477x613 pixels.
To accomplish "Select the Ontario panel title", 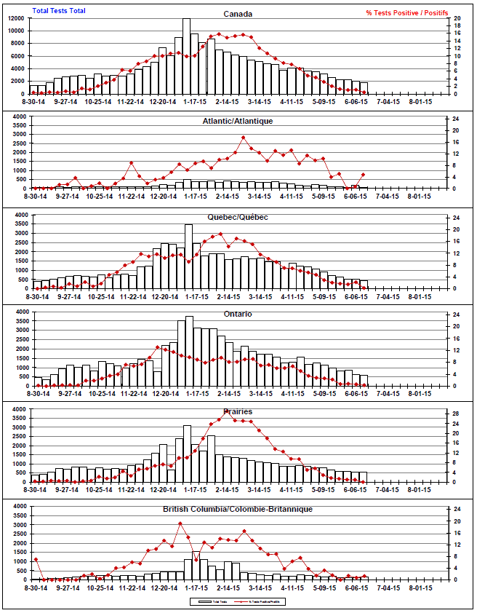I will tap(238, 314).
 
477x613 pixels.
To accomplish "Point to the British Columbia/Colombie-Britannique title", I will tap(238, 509).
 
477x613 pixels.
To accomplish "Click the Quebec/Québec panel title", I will tap(238, 218).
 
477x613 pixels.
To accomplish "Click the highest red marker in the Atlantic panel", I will tap(244, 137).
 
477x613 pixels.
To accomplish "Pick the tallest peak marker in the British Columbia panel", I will tap(180, 523).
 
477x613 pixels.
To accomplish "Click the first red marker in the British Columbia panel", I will tap(36, 559).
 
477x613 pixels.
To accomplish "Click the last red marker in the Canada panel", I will tap(364, 92).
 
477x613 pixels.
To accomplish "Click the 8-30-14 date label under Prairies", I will tap(36, 490).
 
